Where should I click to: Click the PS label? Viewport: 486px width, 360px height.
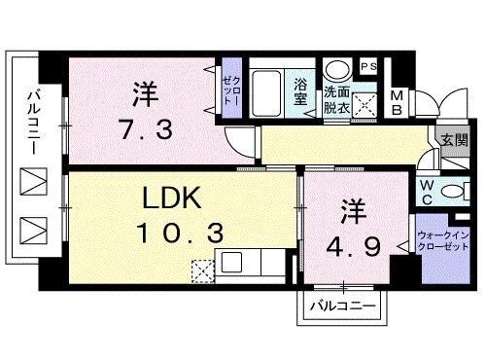(370, 66)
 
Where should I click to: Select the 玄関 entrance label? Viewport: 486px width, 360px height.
(454, 141)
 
